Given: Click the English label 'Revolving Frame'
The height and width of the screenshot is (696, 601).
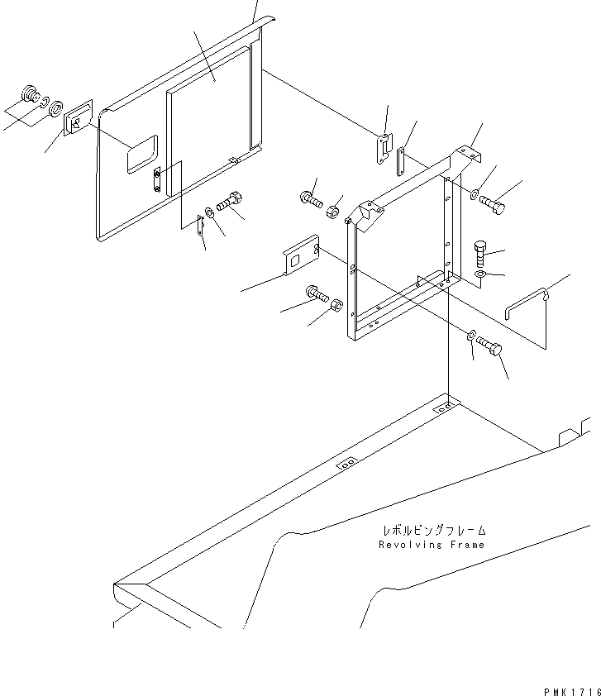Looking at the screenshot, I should [432, 545].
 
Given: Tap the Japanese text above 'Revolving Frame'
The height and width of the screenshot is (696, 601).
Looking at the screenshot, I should [433, 531].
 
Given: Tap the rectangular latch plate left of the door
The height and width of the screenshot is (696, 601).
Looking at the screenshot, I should [79, 119].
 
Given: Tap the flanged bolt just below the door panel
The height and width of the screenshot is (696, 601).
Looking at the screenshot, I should [229, 202].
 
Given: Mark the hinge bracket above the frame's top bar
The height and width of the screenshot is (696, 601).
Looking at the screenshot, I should [384, 146].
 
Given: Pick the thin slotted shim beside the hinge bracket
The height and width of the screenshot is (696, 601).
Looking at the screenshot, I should [400, 161].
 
